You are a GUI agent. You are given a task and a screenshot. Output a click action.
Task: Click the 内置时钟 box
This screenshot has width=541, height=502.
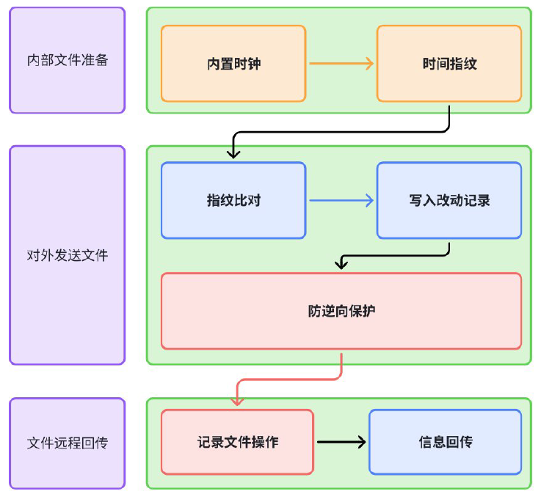click(233, 64)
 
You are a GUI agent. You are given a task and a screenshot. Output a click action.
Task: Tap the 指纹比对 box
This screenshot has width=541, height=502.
click(233, 200)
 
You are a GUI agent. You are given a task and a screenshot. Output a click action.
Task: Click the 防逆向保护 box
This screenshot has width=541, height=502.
click(341, 311)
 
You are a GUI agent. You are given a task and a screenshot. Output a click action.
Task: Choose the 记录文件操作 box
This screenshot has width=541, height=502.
click(237, 442)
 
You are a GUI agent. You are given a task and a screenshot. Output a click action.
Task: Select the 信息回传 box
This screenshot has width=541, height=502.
click(446, 442)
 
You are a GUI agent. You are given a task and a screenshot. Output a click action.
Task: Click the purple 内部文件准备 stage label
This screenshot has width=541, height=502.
click(68, 60)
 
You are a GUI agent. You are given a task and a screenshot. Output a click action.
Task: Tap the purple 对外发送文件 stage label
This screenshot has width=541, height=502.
click(68, 255)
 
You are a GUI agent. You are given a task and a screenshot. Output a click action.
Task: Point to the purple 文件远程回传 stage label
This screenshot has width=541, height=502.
click(68, 443)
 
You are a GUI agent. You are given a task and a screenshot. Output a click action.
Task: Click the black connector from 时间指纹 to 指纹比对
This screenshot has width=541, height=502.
click(341, 133)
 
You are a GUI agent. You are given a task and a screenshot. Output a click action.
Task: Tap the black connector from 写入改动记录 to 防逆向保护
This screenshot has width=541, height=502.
click(396, 256)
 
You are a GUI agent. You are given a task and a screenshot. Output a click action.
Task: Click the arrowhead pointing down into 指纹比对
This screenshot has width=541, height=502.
click(234, 153)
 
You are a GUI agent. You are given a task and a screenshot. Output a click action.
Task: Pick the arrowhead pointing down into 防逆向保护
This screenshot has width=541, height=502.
click(341, 265)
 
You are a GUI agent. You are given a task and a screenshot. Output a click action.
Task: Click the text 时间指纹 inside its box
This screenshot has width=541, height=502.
click(449, 64)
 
